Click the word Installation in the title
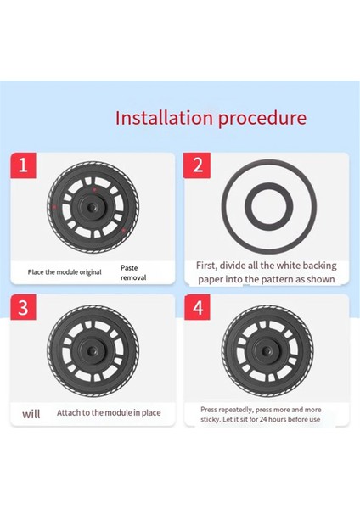(164, 118)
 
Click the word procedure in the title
(262, 119)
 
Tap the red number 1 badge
(23, 165)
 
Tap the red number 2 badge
(197, 165)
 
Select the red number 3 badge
(23, 307)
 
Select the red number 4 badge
(197, 307)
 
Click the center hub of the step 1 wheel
(93, 206)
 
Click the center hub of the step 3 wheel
(93, 350)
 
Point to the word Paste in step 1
(129, 268)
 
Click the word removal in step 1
(133, 277)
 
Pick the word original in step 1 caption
(91, 272)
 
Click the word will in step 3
(31, 414)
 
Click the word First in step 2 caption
(206, 266)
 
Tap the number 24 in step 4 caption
(263, 419)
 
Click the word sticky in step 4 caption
(210, 419)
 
